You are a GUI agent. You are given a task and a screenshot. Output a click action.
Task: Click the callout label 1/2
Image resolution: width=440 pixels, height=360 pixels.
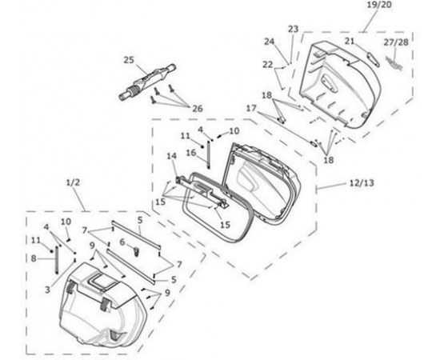coord(73,182)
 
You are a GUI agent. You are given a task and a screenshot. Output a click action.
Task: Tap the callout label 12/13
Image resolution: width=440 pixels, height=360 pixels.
coord(362,183)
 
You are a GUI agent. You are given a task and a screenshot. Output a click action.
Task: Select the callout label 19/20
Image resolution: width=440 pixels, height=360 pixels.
coord(379,5)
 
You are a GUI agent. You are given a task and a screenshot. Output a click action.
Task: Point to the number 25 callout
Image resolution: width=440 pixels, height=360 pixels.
coord(129,60)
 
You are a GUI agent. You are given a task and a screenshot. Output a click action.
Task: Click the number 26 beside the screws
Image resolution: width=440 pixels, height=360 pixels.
coord(198,109)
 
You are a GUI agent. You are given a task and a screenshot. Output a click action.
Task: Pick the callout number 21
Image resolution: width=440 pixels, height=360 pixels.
coord(350,42)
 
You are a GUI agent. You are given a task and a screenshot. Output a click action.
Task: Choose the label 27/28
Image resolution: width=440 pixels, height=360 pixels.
coord(396,42)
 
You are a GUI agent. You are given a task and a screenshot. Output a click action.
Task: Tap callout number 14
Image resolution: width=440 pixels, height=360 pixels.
coord(172,156)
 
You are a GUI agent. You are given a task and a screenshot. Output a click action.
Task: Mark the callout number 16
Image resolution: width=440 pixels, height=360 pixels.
coord(191,153)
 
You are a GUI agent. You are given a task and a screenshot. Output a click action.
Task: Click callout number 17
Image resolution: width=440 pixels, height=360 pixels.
coord(251,108)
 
